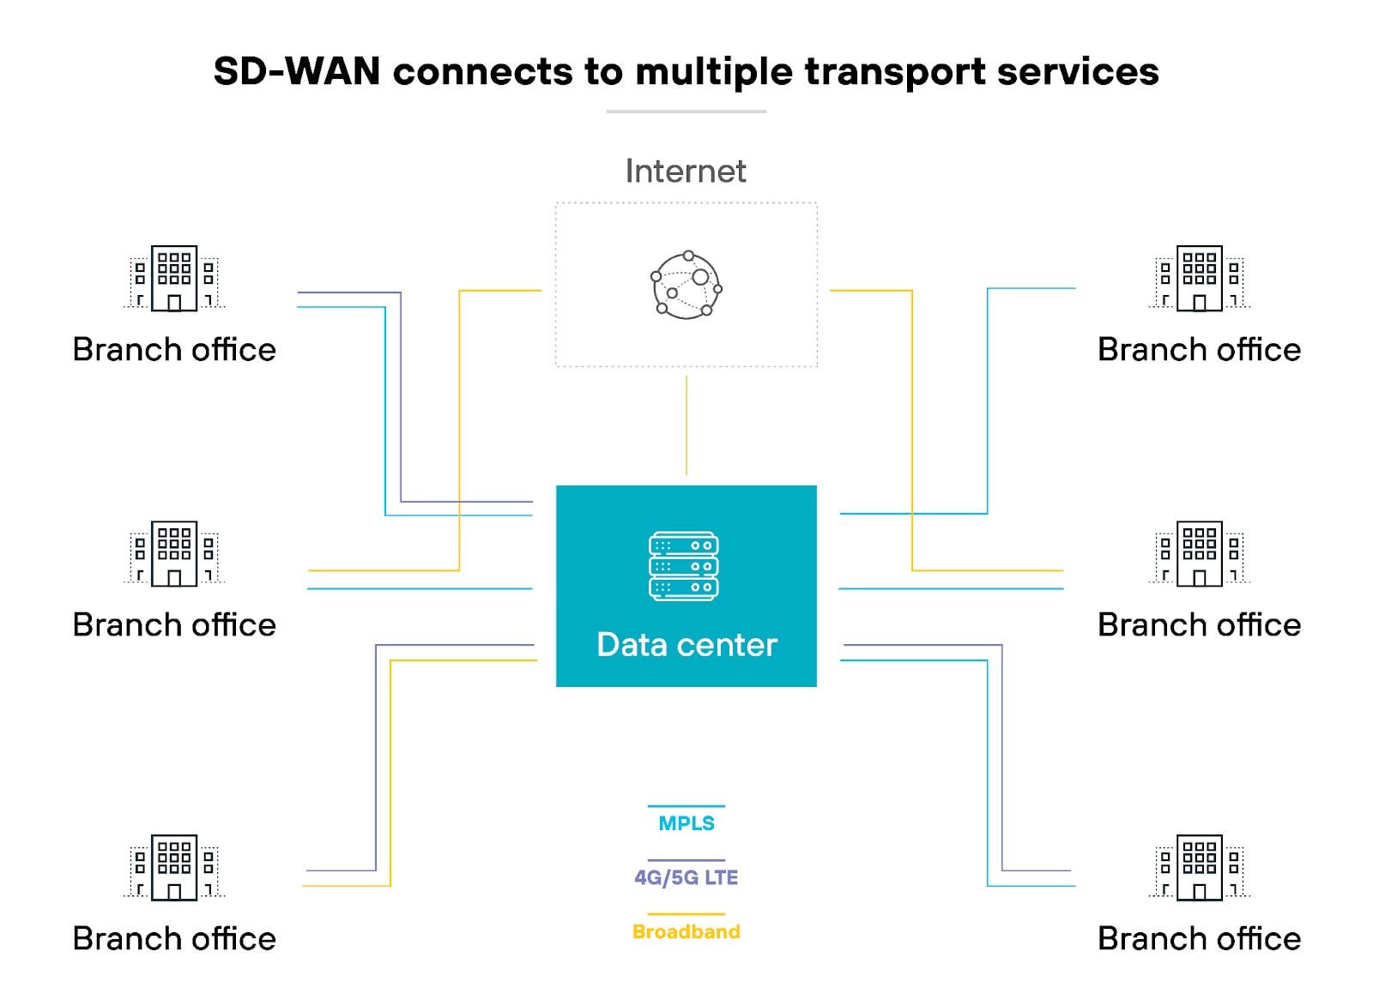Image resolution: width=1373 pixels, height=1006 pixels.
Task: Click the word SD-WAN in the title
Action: click(x=297, y=71)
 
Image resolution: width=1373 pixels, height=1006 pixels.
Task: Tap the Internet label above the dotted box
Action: click(x=686, y=172)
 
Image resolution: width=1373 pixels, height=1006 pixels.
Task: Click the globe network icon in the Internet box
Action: click(x=686, y=286)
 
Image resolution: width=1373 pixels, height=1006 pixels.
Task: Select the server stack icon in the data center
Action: click(x=684, y=566)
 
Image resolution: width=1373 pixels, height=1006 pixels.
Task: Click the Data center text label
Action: click(x=686, y=645)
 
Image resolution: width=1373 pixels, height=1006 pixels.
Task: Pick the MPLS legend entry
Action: click(x=686, y=823)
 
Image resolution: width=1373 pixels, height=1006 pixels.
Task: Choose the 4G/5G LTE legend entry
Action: click(x=686, y=877)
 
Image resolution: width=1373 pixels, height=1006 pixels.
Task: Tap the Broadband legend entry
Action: click(x=686, y=931)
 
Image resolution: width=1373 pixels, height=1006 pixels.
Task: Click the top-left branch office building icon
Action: click(x=174, y=278)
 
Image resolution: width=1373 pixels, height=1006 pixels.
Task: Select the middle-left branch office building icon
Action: click(x=174, y=553)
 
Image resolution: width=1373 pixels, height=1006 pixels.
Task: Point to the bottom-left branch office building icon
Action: click(x=174, y=867)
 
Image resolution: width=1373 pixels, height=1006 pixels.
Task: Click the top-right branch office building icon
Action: click(x=1200, y=278)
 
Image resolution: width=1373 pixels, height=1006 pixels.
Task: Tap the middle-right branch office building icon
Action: click(x=1200, y=553)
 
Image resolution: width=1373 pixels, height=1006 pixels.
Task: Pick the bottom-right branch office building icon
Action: click(x=1200, y=867)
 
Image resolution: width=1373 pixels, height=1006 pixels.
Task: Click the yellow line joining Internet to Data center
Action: click(x=686, y=425)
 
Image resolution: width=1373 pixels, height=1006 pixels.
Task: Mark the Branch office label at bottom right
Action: click(x=1199, y=939)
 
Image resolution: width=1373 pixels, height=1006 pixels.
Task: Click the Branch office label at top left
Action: click(x=174, y=350)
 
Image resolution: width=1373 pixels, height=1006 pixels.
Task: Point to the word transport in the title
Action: click(x=895, y=72)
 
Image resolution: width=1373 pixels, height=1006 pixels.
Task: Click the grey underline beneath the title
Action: click(x=686, y=111)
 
